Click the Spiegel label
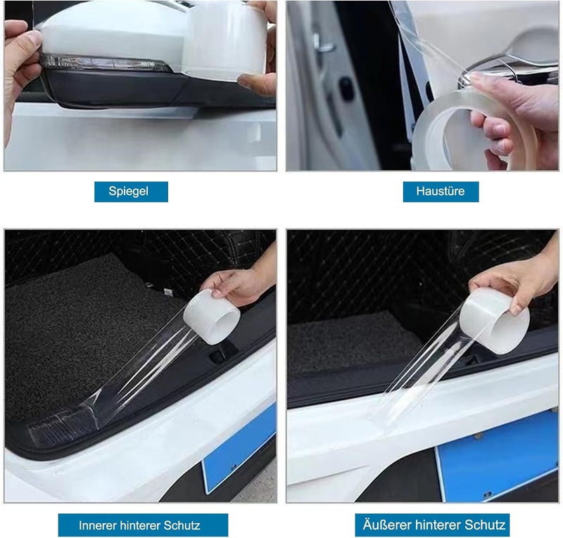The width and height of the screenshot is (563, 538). pos(131,191)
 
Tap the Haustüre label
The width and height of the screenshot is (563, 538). pos(441,191)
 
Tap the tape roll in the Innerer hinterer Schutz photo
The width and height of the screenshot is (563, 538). pos(212,316)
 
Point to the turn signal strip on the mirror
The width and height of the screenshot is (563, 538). pos(104,63)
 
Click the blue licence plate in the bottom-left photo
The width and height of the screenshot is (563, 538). pos(239,448)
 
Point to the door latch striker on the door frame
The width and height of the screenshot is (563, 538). pos(324,44)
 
